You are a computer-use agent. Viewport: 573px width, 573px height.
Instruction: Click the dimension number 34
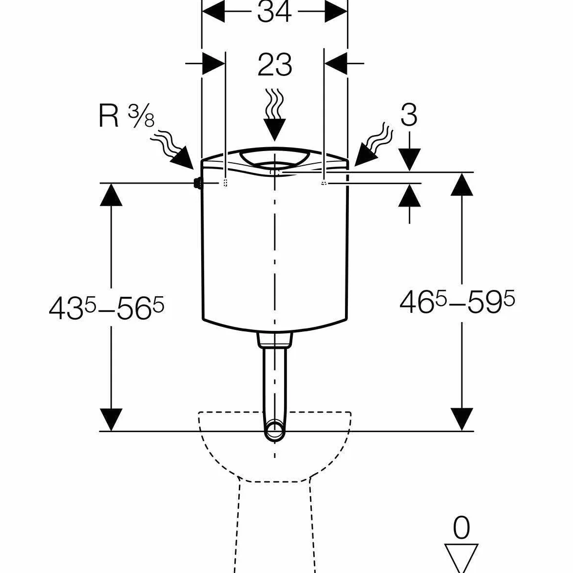click(x=274, y=12)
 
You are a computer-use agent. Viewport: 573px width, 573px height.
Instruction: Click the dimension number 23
click(x=275, y=65)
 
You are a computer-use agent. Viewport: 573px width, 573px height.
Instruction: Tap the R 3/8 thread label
click(x=127, y=116)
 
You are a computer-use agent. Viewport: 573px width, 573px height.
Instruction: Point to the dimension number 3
click(x=409, y=115)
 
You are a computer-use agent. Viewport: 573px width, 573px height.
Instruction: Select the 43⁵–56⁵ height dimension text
click(x=106, y=308)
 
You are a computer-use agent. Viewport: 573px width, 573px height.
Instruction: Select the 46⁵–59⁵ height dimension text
click(x=457, y=302)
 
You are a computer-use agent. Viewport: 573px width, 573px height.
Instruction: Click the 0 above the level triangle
click(x=461, y=528)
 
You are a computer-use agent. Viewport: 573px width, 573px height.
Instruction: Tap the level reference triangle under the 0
click(x=461, y=557)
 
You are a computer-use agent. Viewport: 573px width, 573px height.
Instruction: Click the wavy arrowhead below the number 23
click(x=274, y=130)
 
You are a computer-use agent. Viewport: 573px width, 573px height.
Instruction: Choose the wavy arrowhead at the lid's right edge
click(x=365, y=155)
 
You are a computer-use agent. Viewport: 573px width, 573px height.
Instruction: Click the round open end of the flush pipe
click(x=274, y=431)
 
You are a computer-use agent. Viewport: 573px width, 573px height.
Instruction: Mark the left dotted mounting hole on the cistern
click(x=225, y=183)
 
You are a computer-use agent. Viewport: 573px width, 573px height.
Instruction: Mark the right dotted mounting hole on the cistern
click(x=324, y=183)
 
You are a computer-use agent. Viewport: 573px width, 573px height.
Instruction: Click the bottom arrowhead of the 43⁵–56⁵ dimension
click(x=111, y=420)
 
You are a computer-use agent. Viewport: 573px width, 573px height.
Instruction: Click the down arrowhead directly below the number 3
click(x=409, y=160)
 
